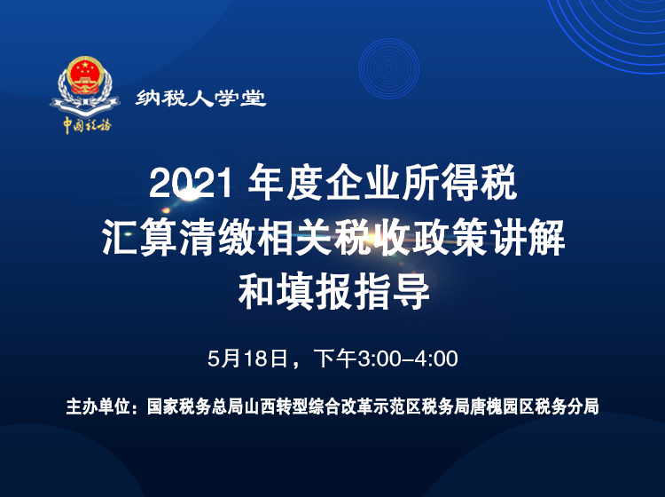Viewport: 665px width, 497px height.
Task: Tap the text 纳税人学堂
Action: tap(201, 99)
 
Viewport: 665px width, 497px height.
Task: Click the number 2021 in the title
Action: tap(190, 185)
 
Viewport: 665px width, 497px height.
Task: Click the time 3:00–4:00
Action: tap(407, 359)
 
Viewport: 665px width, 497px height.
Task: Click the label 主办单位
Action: tap(98, 408)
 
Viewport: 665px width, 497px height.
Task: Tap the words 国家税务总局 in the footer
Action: tap(183, 408)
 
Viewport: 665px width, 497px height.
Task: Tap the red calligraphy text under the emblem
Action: tap(86, 125)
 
